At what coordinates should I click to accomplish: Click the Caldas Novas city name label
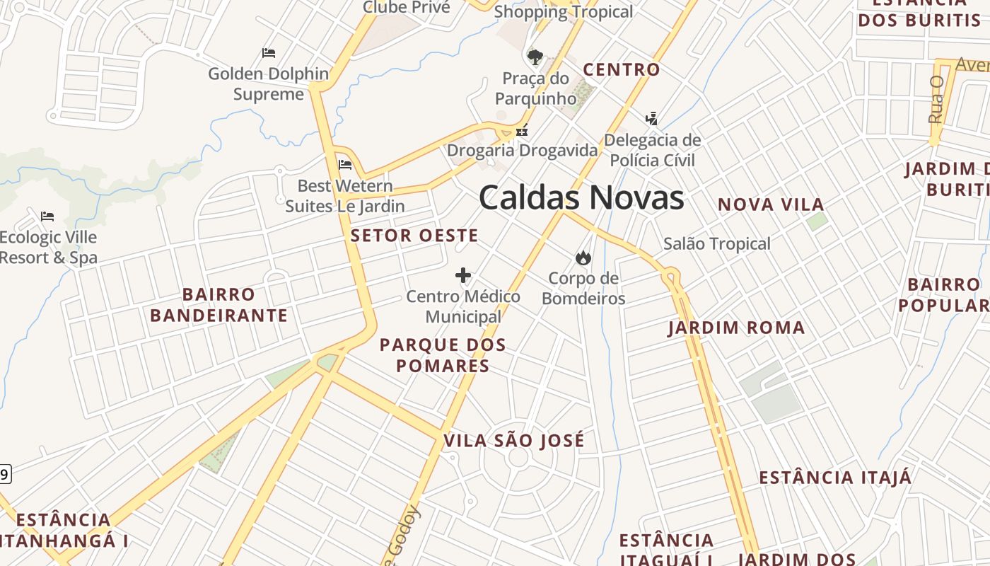[x=581, y=197]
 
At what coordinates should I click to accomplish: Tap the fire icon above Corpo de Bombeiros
[x=583, y=258]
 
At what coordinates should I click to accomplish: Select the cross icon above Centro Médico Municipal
[x=463, y=275]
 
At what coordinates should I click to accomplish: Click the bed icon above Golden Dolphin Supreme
[x=268, y=52]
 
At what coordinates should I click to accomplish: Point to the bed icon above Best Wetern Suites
[x=345, y=165]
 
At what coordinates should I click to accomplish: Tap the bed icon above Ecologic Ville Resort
[x=47, y=216]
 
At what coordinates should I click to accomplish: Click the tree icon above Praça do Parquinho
[x=535, y=57]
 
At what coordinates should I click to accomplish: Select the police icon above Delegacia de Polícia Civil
[x=651, y=118]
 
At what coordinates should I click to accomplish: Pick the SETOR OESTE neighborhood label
[x=414, y=236]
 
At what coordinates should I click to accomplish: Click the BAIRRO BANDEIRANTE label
[x=219, y=305]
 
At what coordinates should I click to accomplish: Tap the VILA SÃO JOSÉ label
[x=514, y=441]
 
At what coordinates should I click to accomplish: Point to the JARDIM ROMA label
[x=736, y=328]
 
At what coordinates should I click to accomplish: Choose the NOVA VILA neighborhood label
[x=771, y=205]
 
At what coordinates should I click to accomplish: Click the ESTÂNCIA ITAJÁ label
[x=835, y=478]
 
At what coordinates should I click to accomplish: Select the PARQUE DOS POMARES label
[x=443, y=355]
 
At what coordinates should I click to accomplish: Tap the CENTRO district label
[x=621, y=69]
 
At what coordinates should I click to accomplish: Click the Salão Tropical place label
[x=716, y=244]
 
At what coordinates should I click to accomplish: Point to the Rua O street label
[x=937, y=99]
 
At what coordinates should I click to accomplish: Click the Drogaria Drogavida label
[x=522, y=151]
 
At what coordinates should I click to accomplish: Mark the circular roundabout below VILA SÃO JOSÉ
[x=518, y=458]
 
